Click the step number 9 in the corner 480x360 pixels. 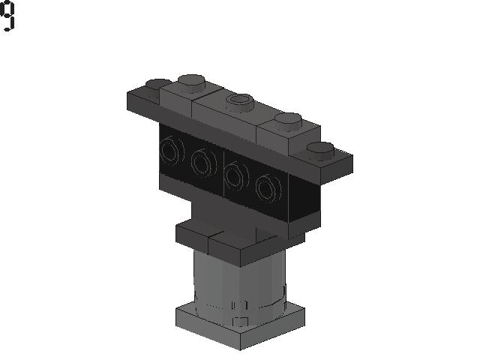[7, 16]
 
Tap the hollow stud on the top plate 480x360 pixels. [240, 102]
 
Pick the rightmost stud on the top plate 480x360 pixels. [320, 151]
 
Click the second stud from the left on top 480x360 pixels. [191, 82]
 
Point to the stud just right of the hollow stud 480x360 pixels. [288, 121]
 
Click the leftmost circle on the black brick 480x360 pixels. [172, 150]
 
